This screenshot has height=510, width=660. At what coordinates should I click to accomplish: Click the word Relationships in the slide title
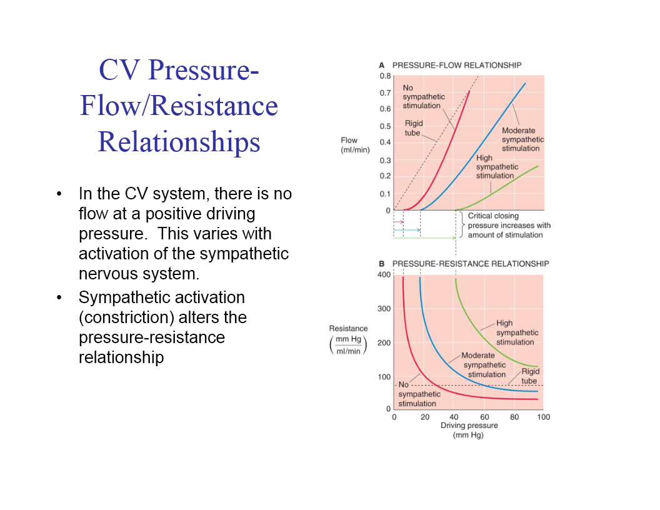coord(179,142)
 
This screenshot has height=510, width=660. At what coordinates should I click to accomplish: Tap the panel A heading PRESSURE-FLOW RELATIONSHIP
coord(456,65)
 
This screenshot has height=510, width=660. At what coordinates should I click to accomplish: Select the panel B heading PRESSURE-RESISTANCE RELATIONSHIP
coord(470,264)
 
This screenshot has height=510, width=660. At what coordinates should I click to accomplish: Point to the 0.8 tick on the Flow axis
coord(385,76)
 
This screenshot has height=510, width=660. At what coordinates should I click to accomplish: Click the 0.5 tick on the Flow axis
coord(385,126)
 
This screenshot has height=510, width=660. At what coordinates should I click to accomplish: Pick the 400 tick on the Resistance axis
coord(384,274)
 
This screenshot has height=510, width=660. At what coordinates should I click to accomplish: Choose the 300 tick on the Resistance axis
coord(384,309)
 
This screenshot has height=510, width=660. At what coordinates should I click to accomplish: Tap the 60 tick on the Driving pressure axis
coord(484,417)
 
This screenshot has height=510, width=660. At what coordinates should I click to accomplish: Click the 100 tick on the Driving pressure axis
coord(544,417)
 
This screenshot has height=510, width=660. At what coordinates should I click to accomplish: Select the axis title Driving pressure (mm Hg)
coord(469,430)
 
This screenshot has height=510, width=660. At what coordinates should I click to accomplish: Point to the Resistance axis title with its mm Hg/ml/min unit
coord(349,340)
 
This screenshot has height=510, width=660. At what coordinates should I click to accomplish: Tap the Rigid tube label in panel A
coord(412,128)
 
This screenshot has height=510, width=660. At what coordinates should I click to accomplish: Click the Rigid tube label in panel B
coord(530,376)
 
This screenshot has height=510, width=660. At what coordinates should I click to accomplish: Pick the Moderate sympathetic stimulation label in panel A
coord(522,139)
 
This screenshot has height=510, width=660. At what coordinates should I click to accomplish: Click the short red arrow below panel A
coord(399,222)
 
